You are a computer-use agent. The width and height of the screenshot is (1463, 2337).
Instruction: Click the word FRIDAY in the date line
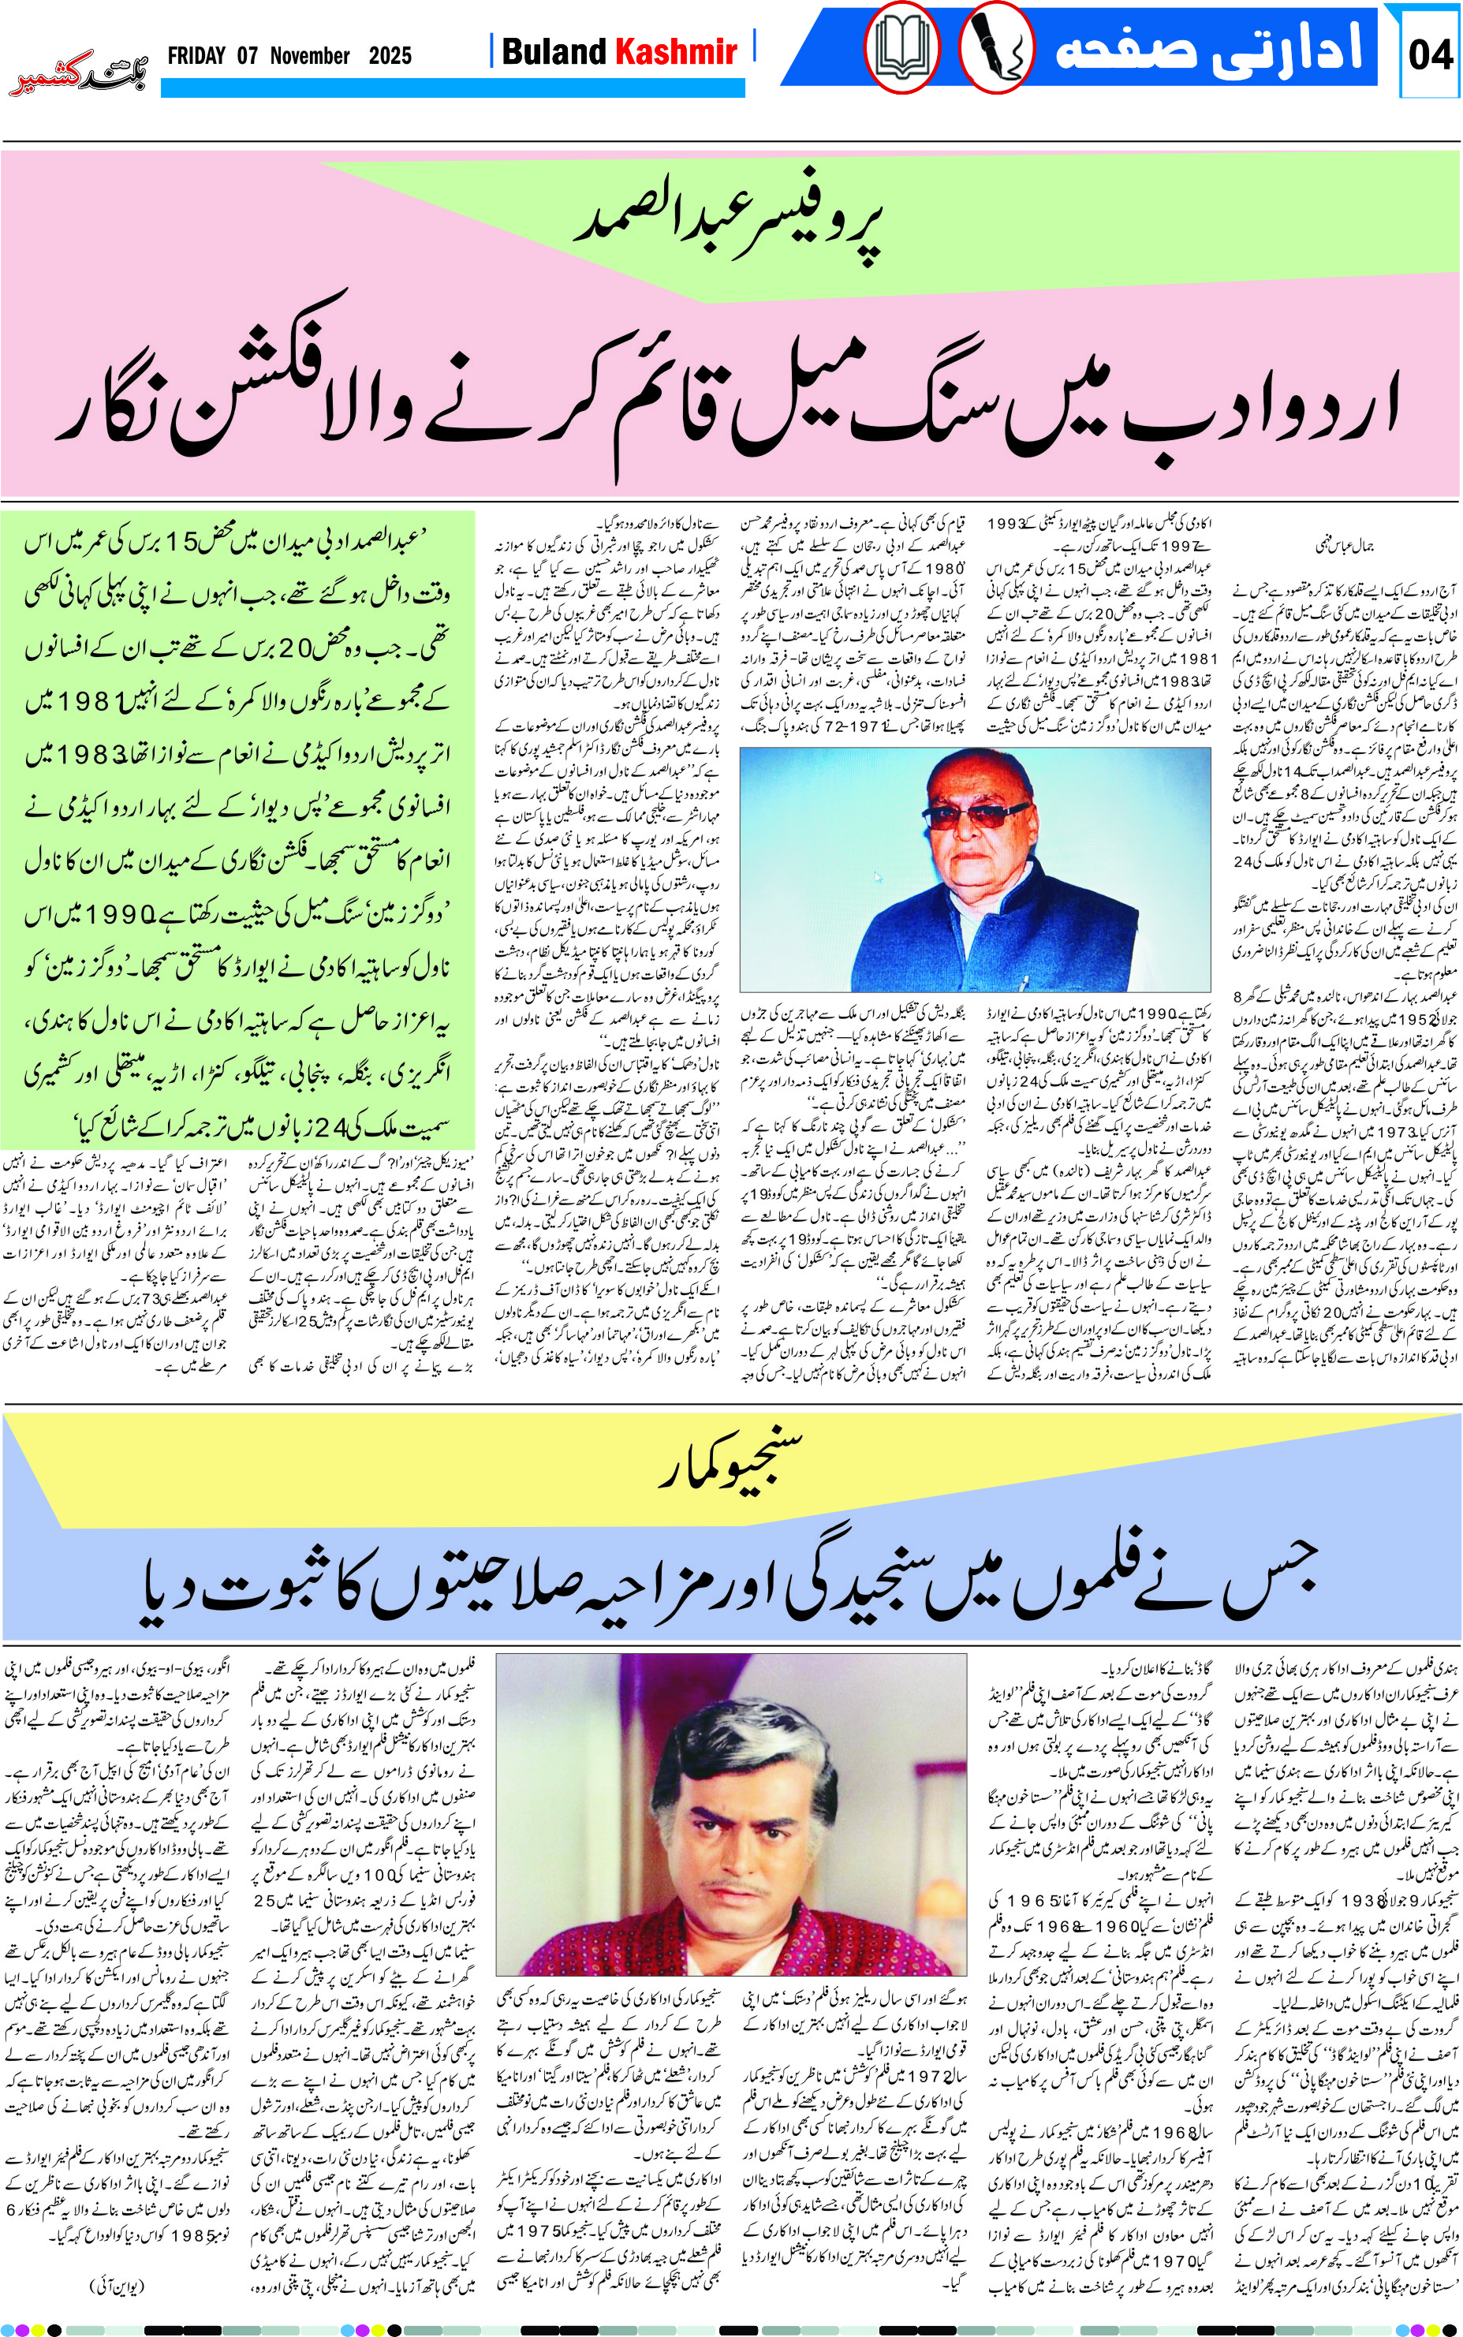pos(196,56)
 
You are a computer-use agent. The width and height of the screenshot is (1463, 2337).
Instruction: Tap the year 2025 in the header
pos(390,56)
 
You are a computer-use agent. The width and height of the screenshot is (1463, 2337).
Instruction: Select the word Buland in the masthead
pos(554,51)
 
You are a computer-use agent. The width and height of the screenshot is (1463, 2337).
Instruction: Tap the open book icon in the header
pos(901,48)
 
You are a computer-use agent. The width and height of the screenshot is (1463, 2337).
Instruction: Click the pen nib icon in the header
pos(995,48)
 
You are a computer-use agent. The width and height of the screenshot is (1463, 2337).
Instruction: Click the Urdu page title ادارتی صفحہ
pos(1210,48)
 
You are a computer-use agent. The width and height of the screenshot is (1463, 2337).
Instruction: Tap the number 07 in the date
pos(248,56)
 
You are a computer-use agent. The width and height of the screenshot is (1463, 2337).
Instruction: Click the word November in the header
pos(310,56)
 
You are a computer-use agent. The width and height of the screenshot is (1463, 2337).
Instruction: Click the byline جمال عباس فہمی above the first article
pos(1344,546)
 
